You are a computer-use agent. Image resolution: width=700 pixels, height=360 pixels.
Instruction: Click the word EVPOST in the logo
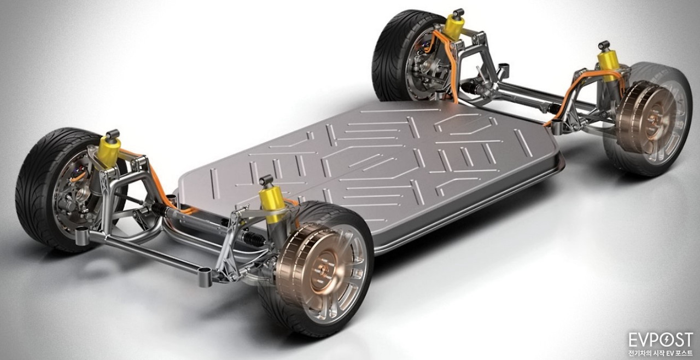[x=661, y=340]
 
